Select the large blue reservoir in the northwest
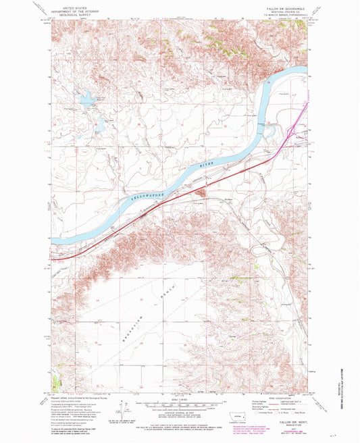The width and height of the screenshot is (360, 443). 88,101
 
